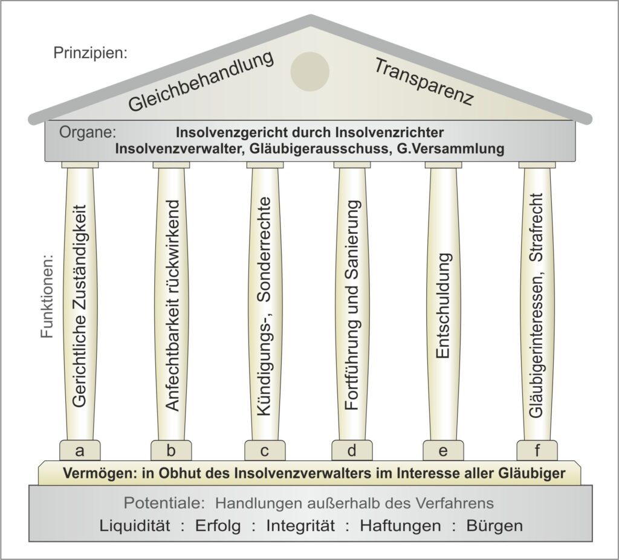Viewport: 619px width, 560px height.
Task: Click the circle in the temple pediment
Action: tap(310, 71)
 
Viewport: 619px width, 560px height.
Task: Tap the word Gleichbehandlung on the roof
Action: tap(201, 81)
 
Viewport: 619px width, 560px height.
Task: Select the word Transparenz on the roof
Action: tap(423, 82)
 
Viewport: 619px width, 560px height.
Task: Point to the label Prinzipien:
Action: tap(91, 53)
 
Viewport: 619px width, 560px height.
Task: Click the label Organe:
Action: tap(88, 133)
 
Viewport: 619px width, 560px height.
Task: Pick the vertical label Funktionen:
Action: tap(47, 298)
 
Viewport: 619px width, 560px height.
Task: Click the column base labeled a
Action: tap(80, 450)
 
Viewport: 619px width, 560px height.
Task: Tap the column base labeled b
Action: tap(171, 450)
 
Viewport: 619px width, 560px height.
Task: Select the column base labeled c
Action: tap(265, 450)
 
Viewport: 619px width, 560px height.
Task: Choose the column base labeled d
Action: tap(352, 450)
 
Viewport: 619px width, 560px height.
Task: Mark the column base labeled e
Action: tap(443, 450)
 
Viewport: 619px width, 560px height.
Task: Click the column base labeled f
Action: tap(537, 450)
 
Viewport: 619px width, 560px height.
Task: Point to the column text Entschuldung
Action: tap(443, 306)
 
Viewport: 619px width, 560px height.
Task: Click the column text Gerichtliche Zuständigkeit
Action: tap(80, 306)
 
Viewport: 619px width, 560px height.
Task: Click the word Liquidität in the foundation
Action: tap(135, 526)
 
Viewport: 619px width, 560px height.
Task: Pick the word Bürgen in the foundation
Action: tap(494, 526)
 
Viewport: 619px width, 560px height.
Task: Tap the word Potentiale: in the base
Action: tap(164, 503)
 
